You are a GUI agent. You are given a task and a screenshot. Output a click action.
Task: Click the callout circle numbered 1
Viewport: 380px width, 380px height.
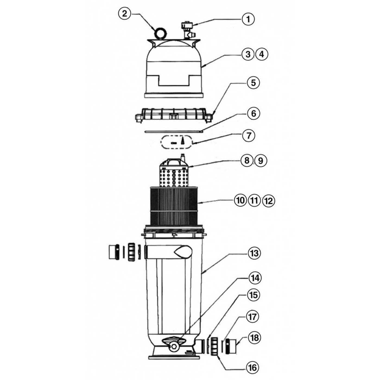click(x=248, y=19)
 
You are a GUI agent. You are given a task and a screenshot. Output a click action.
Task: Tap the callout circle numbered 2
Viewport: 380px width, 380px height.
click(x=125, y=14)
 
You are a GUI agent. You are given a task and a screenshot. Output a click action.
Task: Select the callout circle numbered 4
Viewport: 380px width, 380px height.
click(x=262, y=55)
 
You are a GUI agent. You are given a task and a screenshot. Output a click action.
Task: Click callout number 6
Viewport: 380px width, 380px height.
click(x=254, y=113)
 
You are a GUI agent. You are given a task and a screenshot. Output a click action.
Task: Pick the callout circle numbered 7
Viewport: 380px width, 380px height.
click(x=248, y=135)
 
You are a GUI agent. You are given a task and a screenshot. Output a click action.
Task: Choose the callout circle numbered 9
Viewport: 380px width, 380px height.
click(x=260, y=161)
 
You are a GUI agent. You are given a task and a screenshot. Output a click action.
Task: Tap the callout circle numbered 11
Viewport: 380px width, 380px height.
click(x=254, y=201)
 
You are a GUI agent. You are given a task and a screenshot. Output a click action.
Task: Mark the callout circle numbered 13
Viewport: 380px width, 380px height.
click(x=254, y=254)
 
